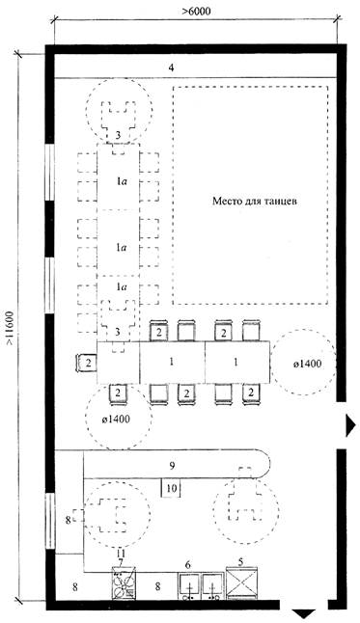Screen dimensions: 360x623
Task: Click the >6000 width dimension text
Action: (x=196, y=12)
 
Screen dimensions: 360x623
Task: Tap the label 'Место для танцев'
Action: (x=255, y=201)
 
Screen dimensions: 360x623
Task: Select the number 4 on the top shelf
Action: (x=171, y=68)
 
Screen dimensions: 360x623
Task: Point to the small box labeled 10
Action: (x=171, y=488)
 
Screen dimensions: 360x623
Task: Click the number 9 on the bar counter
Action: (x=172, y=465)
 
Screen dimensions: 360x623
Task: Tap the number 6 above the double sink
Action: (x=188, y=564)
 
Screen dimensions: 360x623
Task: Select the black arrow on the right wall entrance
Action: (x=350, y=425)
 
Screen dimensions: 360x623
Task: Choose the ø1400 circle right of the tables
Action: (x=303, y=363)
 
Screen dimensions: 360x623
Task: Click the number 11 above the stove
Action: (x=121, y=554)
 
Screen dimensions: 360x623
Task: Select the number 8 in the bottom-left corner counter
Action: (x=75, y=586)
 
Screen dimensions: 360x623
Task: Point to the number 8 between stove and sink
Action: (x=158, y=586)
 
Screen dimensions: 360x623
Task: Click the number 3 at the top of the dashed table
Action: (x=118, y=135)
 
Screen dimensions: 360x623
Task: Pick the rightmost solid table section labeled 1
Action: (x=237, y=362)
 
